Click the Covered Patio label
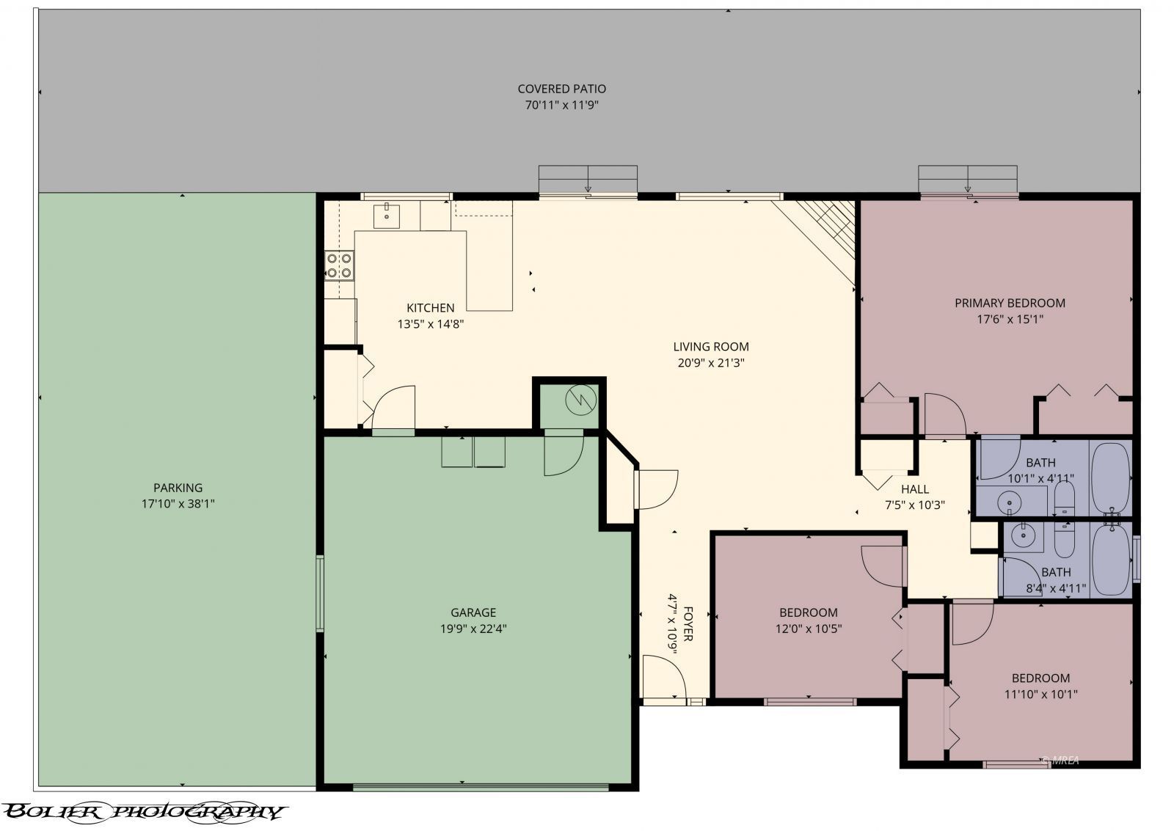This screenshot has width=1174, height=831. [562, 89]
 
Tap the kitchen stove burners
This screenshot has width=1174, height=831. [339, 266]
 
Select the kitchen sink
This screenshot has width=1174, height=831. [387, 216]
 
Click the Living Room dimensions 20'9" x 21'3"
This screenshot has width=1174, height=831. [711, 362]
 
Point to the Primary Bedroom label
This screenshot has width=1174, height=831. [1010, 303]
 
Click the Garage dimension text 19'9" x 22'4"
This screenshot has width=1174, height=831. [473, 629]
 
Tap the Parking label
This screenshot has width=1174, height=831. [178, 488]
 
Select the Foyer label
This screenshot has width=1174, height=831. [688, 624]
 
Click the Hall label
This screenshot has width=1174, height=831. [915, 489]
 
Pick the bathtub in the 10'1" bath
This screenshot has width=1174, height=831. [1111, 478]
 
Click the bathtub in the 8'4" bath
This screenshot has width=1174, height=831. [1111, 560]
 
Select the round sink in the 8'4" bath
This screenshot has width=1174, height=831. [1023, 535]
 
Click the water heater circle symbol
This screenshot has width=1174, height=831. [580, 400]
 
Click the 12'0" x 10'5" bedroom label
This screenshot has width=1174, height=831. [808, 620]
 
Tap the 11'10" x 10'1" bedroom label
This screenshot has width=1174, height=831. [1040, 686]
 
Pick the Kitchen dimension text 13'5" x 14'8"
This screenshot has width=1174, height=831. [430, 324]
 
